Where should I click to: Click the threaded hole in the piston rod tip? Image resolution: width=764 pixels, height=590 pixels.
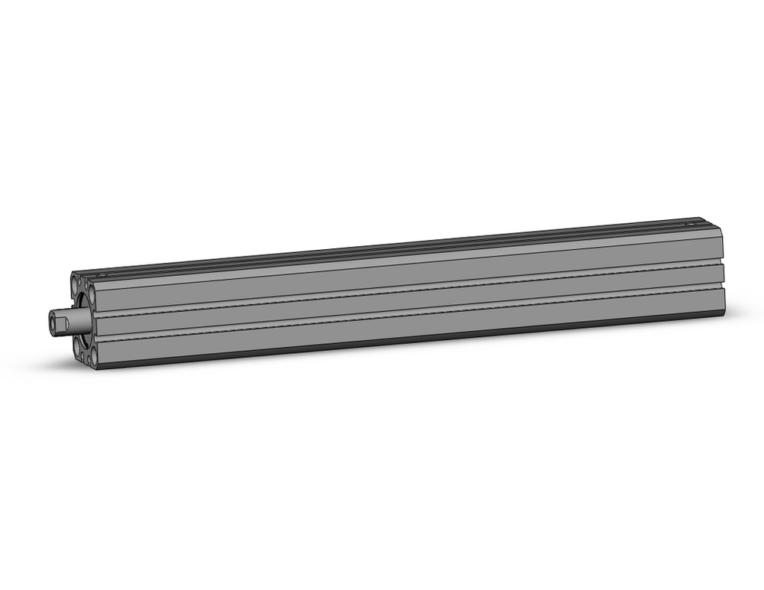(52, 323)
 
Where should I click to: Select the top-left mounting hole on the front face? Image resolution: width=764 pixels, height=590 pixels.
(74, 284)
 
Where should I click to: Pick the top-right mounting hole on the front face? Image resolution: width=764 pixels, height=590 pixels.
(92, 295)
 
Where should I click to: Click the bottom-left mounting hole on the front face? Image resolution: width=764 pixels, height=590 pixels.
(76, 346)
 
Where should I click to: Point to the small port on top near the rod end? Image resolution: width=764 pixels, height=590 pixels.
(101, 274)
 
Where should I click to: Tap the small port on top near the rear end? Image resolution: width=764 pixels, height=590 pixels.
(691, 224)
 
